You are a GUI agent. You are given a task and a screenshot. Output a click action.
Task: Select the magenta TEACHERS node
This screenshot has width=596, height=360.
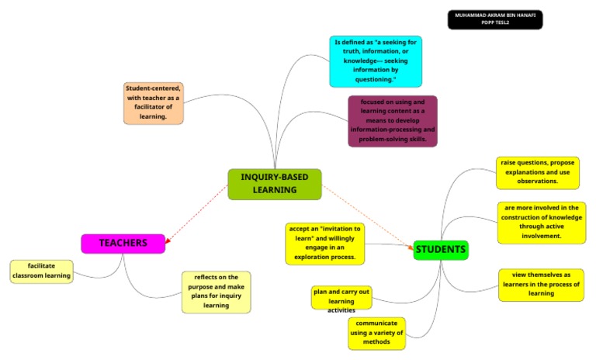123,244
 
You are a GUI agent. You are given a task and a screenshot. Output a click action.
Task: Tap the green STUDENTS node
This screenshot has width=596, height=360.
441,250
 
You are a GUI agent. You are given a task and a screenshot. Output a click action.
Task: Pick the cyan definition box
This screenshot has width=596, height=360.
375,61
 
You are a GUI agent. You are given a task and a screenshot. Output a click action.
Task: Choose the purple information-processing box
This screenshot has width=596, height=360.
392,121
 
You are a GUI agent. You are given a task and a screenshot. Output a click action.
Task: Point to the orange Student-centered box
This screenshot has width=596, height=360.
154,102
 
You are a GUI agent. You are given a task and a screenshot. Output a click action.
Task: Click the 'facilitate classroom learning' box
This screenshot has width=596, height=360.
42,271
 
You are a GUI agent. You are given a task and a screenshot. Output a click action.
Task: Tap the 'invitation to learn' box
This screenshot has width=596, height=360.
324,242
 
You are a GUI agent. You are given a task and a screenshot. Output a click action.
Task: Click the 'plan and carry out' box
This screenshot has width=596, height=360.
341,298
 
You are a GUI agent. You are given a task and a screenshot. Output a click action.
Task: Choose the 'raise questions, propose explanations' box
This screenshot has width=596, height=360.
537,172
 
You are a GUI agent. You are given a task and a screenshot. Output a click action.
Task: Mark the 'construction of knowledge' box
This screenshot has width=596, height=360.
542,222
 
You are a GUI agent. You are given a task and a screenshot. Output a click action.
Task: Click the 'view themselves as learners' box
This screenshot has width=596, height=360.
541,284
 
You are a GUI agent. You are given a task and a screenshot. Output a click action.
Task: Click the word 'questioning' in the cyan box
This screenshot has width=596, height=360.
375,80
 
